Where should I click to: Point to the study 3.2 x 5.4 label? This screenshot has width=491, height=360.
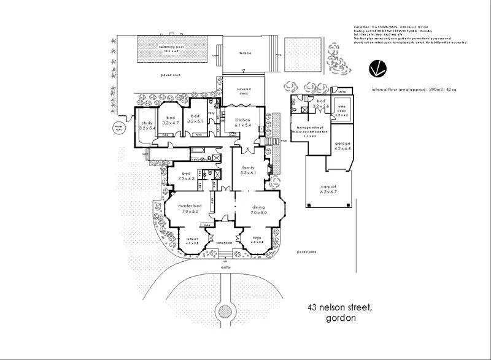147,126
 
